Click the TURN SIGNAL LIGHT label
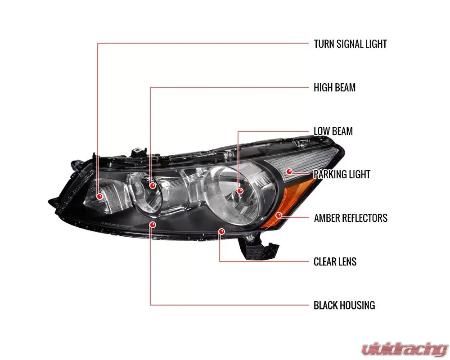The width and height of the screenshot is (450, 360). [x=350, y=44]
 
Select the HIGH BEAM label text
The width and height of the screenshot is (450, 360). [x=334, y=87]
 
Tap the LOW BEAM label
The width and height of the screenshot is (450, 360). [x=333, y=131]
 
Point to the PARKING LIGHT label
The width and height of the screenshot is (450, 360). [x=342, y=174]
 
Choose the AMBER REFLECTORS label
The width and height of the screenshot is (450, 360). [x=351, y=218]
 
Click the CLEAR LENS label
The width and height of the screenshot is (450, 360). [x=335, y=261]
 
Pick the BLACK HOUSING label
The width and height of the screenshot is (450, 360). [x=344, y=305]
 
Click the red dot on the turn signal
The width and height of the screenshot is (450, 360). [x=99, y=196]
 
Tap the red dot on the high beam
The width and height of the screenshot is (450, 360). [x=153, y=185]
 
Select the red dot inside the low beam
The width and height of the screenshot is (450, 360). [x=240, y=191]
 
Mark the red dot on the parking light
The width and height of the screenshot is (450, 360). [x=289, y=171]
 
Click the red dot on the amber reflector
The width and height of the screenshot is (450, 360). [x=279, y=215]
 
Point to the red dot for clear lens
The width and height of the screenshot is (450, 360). [x=221, y=231]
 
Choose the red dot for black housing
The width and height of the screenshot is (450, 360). [x=153, y=224]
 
